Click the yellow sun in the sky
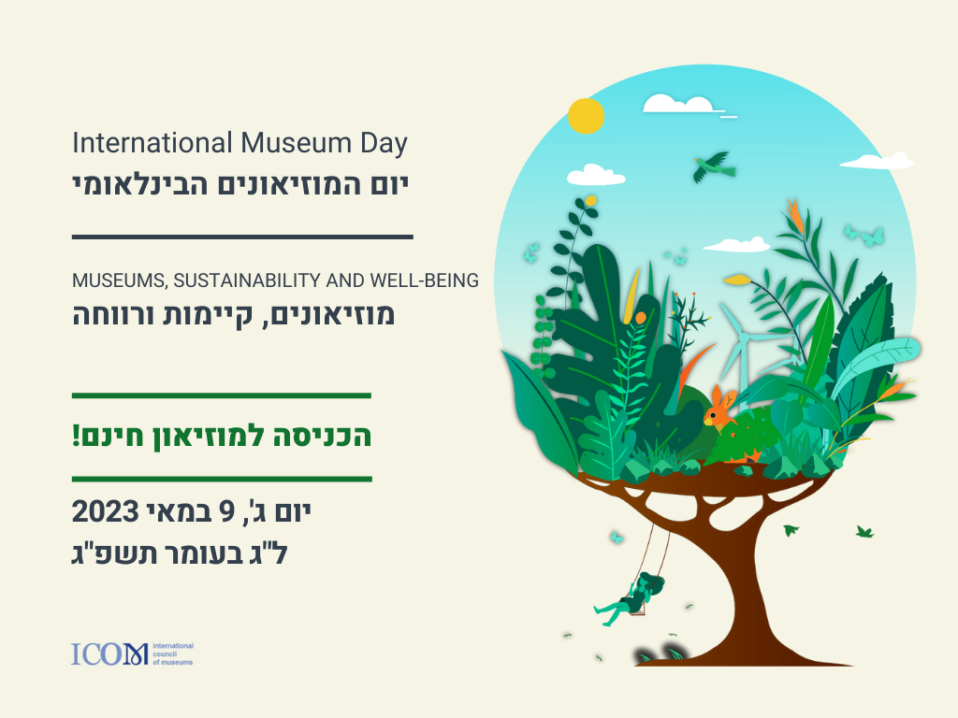(x=586, y=116)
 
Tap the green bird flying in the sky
(x=714, y=166)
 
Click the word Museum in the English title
(x=296, y=143)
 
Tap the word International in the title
(x=152, y=143)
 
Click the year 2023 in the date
(x=106, y=511)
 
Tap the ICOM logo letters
(x=109, y=653)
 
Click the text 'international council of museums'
(x=173, y=653)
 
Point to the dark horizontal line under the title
(x=242, y=237)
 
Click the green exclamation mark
(x=77, y=436)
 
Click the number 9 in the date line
(x=227, y=511)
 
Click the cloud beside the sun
(x=679, y=104)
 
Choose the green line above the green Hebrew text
(x=222, y=395)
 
